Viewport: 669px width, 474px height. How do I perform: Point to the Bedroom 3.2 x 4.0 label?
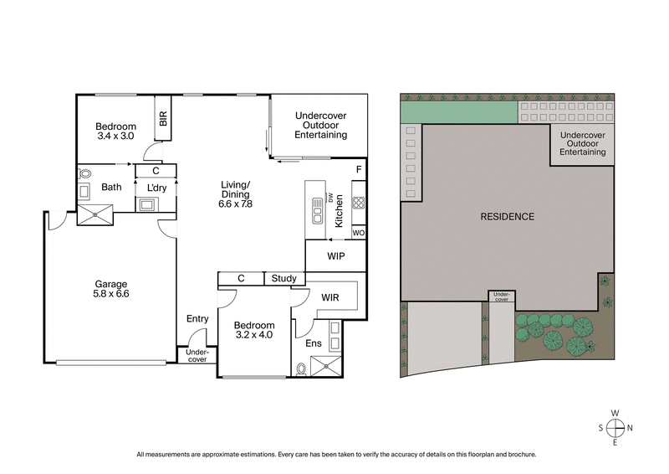coord(254,331)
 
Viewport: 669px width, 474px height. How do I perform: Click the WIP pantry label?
coord(336,255)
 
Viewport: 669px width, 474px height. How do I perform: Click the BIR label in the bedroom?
coord(163,119)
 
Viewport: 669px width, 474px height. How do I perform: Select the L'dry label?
coord(156,187)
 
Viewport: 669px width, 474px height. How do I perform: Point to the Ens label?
coord(312,343)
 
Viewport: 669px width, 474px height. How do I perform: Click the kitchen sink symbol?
coord(318,209)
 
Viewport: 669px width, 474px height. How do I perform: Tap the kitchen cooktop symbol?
coord(358,203)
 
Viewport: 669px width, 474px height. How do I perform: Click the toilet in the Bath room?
coord(84,173)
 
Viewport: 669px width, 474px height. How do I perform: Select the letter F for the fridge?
coord(358,170)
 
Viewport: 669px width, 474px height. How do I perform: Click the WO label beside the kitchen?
coord(358,232)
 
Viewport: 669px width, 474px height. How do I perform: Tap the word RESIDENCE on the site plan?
coord(507,217)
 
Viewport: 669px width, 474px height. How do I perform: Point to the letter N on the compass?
coord(630,427)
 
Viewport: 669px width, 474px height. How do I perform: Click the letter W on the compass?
coord(615,413)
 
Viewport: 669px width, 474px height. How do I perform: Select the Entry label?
coord(197,318)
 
